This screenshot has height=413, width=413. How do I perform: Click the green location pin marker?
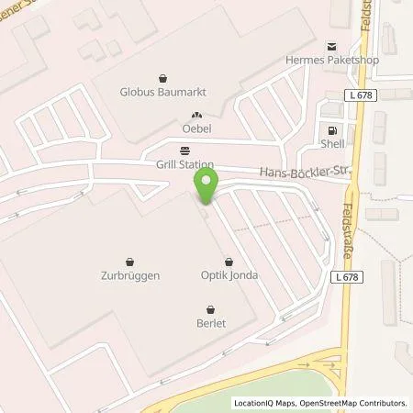[208, 186]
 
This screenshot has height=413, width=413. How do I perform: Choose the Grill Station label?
[186, 164]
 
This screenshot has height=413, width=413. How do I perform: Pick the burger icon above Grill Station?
[186, 151]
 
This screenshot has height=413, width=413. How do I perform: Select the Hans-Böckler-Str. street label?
[302, 171]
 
